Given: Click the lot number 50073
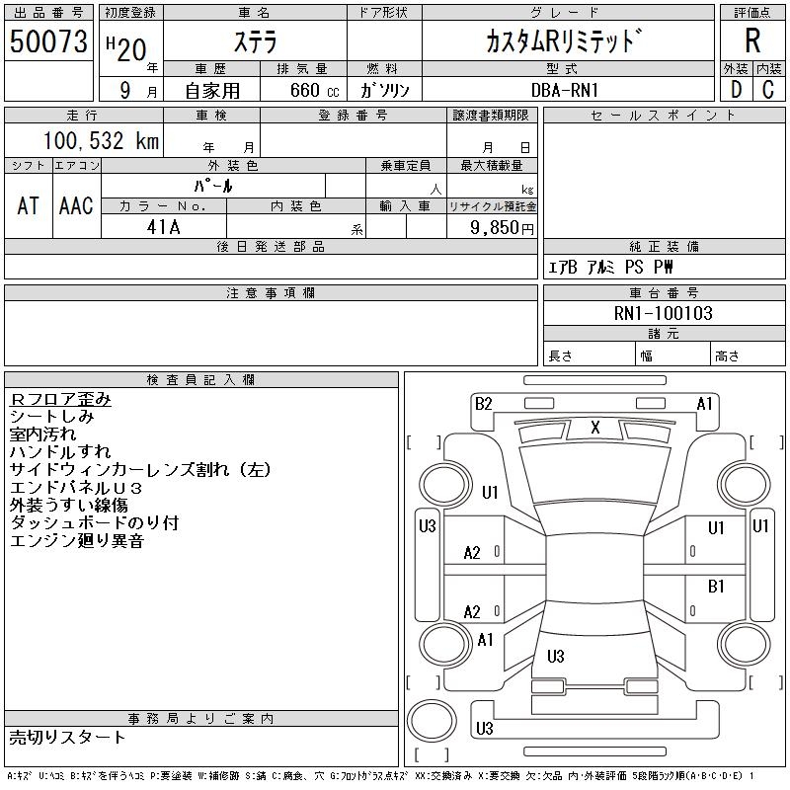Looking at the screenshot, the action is [48, 41].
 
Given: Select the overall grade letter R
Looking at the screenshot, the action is [752, 40].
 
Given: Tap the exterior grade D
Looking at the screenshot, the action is [736, 90].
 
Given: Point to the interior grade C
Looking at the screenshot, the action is [768, 90].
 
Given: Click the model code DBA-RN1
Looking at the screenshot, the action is [564, 90].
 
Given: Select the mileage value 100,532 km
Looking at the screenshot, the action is [101, 140].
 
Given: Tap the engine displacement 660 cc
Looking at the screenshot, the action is [314, 90].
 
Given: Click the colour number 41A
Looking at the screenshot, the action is [163, 227].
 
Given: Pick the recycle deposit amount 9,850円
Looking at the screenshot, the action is [502, 228].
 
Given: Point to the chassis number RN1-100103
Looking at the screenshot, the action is [663, 313].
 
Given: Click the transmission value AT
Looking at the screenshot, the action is [28, 205].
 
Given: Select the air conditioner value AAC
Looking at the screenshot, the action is [76, 205].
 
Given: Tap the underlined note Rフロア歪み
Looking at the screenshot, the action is [60, 399].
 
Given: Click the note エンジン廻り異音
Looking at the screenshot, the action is [77, 540].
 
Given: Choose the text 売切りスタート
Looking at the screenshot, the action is [67, 737].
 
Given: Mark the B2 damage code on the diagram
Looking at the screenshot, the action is [484, 404].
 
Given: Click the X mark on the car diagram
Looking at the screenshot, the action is [595, 428].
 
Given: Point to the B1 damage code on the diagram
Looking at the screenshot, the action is [716, 586].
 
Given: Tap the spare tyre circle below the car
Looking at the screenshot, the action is [432, 720].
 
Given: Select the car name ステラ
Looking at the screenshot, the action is [255, 41].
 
